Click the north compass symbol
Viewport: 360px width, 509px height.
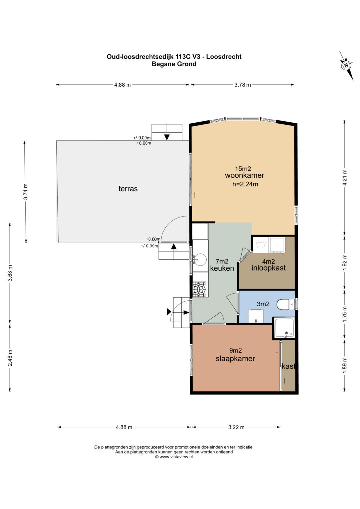pyautogui.click(x=346, y=65)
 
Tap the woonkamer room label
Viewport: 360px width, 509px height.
pyautogui.click(x=245, y=175)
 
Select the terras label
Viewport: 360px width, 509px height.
pyautogui.click(x=128, y=189)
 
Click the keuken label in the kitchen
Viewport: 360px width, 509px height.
pyautogui.click(x=222, y=268)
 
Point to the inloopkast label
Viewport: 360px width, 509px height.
pyautogui.click(x=269, y=268)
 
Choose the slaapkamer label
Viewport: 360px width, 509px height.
pyautogui.click(x=235, y=359)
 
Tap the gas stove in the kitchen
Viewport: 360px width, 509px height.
pyautogui.click(x=200, y=289)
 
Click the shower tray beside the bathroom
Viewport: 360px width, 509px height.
pyautogui.click(x=284, y=328)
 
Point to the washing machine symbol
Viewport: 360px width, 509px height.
pyautogui.click(x=261, y=245)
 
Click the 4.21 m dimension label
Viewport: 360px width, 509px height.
pyautogui.click(x=345, y=178)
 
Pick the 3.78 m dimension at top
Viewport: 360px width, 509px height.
pyautogui.click(x=243, y=85)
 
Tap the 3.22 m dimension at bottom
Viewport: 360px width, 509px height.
pyautogui.click(x=236, y=427)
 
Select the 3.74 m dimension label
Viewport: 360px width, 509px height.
pyautogui.click(x=26, y=192)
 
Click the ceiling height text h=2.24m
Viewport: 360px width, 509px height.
pyautogui.click(x=245, y=184)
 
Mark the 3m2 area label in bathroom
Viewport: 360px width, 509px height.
pyautogui.click(x=263, y=304)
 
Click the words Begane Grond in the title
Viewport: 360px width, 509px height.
pyautogui.click(x=174, y=64)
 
